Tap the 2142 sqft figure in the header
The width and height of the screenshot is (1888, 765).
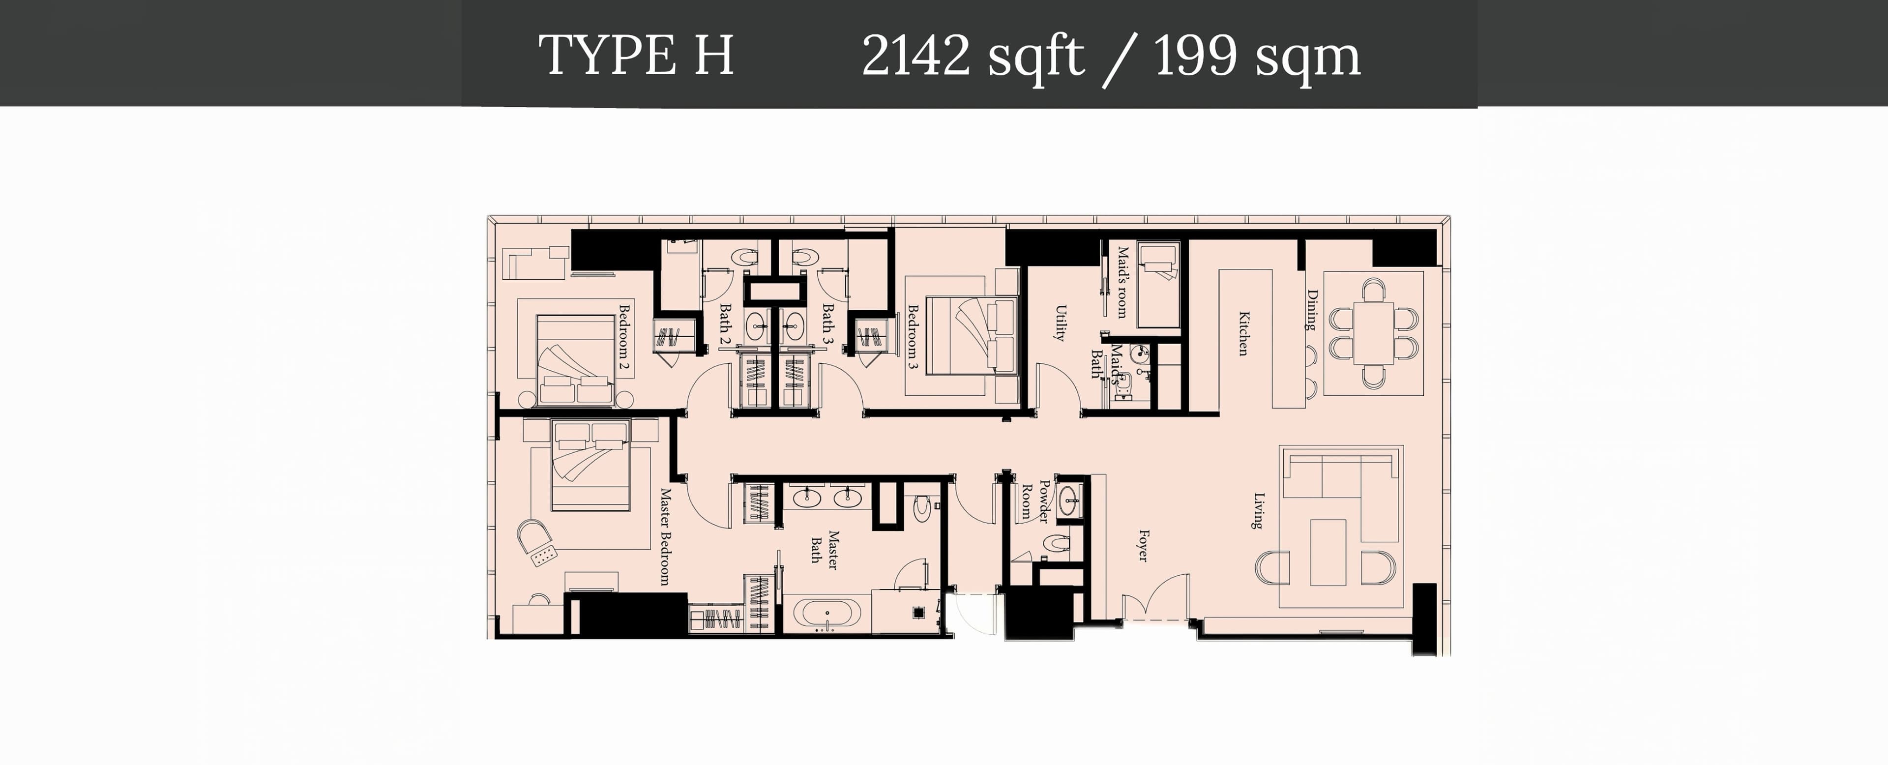(x=972, y=56)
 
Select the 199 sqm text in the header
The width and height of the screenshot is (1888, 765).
(x=1257, y=56)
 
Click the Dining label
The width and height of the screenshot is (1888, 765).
(x=1312, y=310)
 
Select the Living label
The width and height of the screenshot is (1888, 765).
(x=1258, y=511)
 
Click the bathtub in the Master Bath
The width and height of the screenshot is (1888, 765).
(x=827, y=614)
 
